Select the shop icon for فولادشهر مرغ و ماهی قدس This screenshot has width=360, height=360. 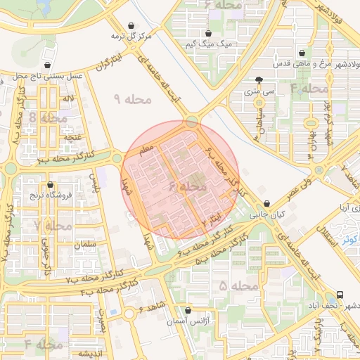point(302,53)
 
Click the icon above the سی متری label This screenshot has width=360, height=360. point(259,79)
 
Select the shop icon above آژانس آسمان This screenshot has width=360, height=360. point(187,310)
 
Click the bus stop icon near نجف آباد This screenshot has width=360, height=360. point(340,295)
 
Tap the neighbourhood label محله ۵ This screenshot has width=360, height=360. point(233,286)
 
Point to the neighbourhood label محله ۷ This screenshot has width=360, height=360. point(52,226)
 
